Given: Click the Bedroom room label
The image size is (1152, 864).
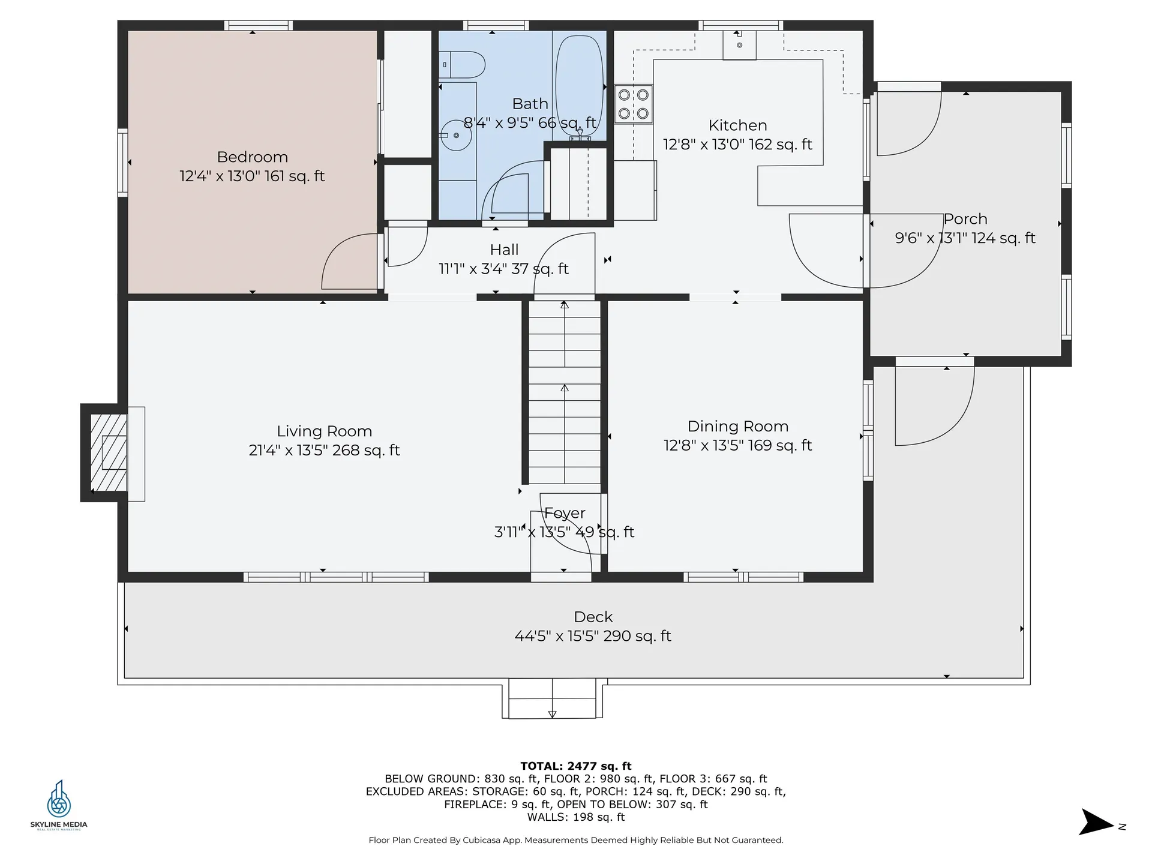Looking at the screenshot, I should point(252,157).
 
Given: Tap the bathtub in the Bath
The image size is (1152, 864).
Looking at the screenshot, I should point(579,84).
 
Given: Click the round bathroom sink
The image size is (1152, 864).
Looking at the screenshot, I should point(456,136).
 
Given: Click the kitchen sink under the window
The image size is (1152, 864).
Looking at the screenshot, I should point(739,44).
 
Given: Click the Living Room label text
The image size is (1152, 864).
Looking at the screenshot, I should point(324,431).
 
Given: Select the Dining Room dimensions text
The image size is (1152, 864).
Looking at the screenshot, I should point(737,446).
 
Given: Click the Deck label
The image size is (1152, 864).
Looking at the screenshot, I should point(593,617).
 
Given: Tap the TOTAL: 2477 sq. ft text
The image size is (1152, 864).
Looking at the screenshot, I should point(575,766).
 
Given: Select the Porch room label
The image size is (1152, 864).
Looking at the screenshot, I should point(965,219).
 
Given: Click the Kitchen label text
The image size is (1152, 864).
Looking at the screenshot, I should point(737,125).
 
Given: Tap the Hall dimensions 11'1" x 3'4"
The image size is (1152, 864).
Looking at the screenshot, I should point(503,269).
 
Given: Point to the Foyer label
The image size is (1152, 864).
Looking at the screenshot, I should point(565,513).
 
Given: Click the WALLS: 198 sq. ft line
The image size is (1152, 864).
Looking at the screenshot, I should point(575,817).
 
